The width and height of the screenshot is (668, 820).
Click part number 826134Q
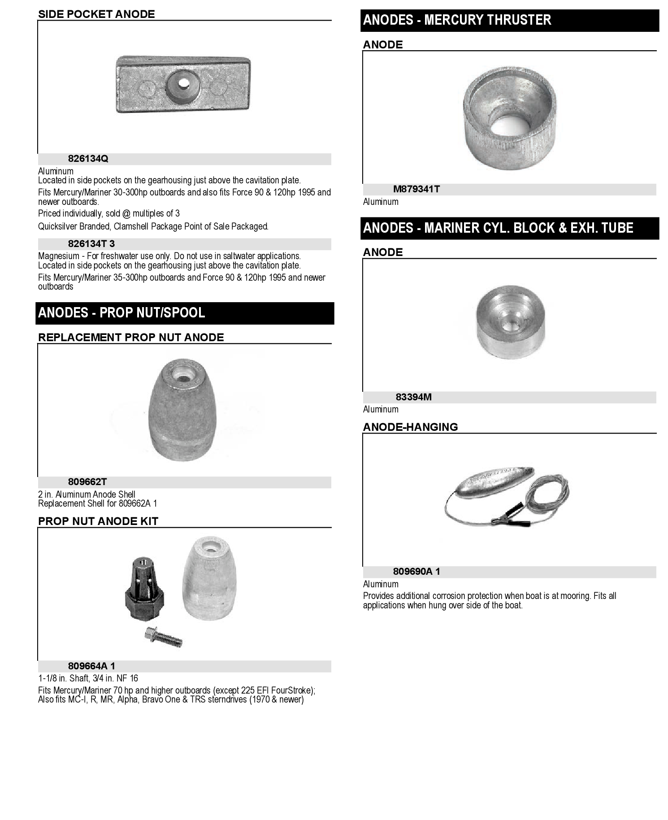pyautogui.click(x=88, y=159)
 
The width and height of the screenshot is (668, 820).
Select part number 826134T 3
pyautogui.click(x=91, y=244)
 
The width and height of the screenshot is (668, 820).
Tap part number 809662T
pyautogui.click(x=87, y=482)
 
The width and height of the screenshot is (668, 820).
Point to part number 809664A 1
pyautogui.click(x=91, y=666)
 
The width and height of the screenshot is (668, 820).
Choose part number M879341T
pyautogui.click(x=416, y=189)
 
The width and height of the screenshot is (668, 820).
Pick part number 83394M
pyautogui.click(x=413, y=397)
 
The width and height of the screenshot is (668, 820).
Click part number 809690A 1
pyautogui.click(x=416, y=572)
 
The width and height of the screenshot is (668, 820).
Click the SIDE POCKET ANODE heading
pyautogui.click(x=96, y=14)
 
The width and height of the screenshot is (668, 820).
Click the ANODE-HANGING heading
pyautogui.click(x=410, y=427)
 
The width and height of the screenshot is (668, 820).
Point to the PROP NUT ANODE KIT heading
pyautogui.click(x=98, y=521)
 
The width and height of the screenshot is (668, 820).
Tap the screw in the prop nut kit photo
pyautogui.click(x=164, y=637)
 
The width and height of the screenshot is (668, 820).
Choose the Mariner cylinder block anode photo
pyautogui.click(x=510, y=321)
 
